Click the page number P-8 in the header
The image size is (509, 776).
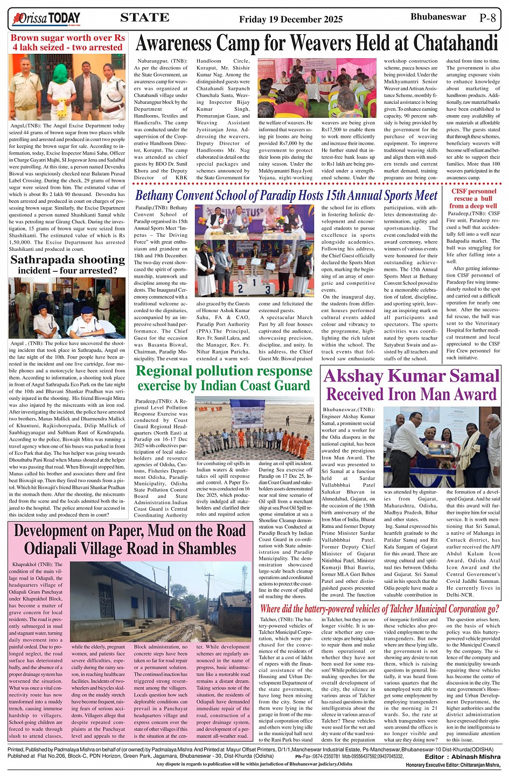(x=487, y=17)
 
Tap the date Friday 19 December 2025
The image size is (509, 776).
(x=291, y=19)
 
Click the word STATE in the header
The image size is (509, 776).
(x=144, y=18)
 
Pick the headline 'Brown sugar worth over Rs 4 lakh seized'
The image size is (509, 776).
(x=67, y=43)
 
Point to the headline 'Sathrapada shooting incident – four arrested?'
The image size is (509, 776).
(x=67, y=265)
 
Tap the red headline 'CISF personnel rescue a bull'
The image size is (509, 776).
(x=473, y=198)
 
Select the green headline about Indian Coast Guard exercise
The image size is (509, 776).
(x=224, y=378)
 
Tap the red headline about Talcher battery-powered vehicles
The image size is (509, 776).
(x=380, y=609)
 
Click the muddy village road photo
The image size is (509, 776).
(x=161, y=602)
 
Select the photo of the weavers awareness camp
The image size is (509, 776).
(x=317, y=88)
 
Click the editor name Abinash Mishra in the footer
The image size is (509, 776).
(x=475, y=757)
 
